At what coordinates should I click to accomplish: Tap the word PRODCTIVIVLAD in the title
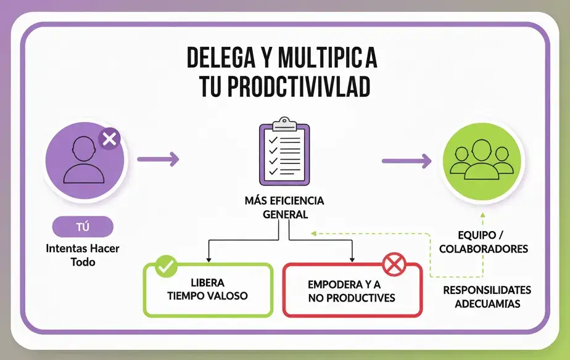coord(299,88)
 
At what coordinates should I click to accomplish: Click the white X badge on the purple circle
coord(110,139)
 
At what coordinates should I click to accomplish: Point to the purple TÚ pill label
coord(83,227)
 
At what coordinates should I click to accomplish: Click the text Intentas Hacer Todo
coord(83,255)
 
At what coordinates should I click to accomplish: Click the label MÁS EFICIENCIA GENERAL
coord(284,208)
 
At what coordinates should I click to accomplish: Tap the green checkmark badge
coord(165,267)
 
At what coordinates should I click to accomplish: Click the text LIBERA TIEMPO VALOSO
coord(207,290)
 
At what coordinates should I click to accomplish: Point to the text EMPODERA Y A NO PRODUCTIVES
coord(352,292)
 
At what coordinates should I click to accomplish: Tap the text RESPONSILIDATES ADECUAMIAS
coord(487,297)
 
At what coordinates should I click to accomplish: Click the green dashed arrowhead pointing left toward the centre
coord(314,233)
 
